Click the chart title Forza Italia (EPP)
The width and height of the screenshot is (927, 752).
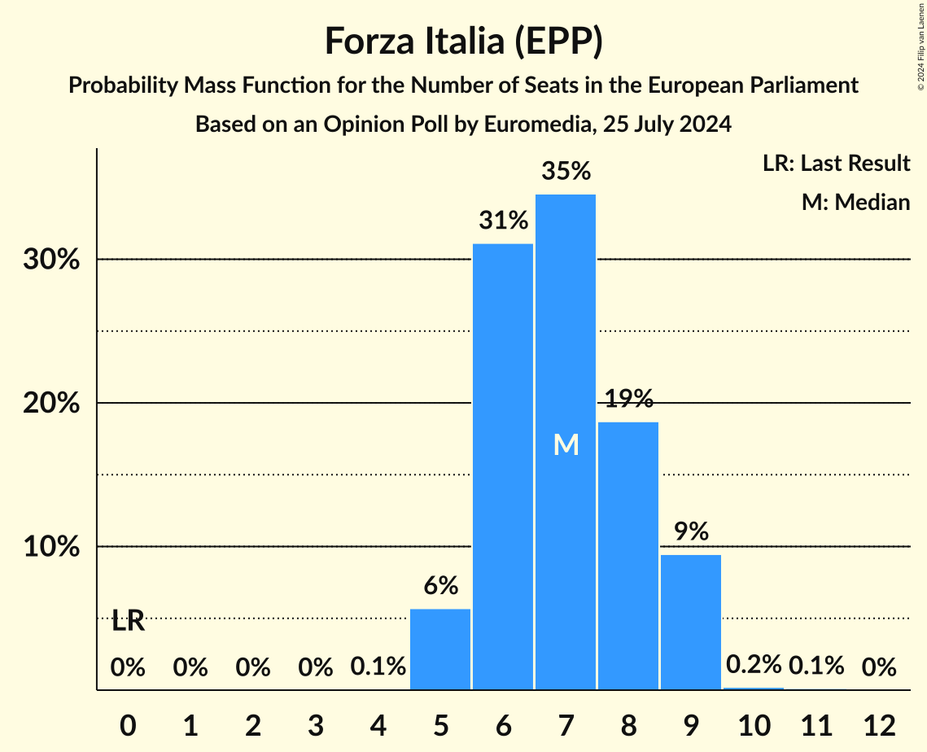click(463, 42)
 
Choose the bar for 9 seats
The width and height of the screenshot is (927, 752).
click(691, 622)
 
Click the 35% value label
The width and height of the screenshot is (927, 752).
click(566, 172)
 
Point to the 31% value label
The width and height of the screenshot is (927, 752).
click(503, 221)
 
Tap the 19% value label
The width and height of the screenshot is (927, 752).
click(628, 399)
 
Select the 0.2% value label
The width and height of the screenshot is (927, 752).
click(754, 665)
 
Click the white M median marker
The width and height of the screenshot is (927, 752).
click(566, 444)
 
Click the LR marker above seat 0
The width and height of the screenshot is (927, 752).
click(128, 621)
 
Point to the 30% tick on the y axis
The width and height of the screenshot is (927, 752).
click(56, 260)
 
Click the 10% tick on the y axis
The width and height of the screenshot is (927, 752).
click(56, 547)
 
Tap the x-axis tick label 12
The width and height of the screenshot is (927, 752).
click(879, 724)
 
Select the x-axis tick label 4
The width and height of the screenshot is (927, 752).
click(378, 724)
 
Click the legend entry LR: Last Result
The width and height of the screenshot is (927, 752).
click(836, 164)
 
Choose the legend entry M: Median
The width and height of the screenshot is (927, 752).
click(855, 202)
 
